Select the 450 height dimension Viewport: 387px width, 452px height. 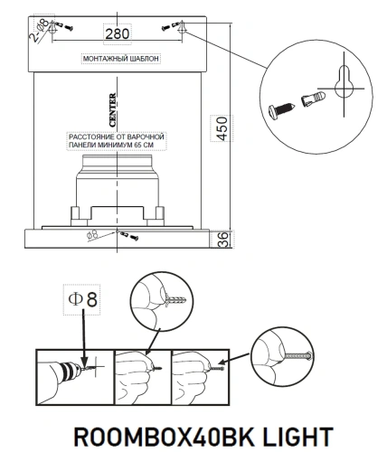[x=216, y=127]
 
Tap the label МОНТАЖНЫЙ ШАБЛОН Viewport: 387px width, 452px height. [x=120, y=57]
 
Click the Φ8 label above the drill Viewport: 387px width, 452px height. [x=81, y=297]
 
